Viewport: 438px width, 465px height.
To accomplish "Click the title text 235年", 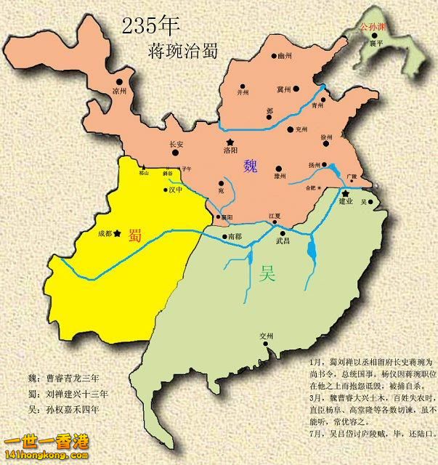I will [x=150, y=26].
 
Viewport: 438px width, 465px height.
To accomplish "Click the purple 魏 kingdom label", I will [x=251, y=165].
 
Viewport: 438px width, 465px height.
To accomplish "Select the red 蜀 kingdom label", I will [x=135, y=234].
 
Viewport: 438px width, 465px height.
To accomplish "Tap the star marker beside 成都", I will [x=118, y=233].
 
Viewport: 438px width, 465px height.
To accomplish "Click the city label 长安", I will [x=176, y=144].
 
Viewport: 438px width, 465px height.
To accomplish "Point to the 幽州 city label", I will [x=284, y=54].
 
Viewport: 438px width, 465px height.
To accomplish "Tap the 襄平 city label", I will [x=376, y=43].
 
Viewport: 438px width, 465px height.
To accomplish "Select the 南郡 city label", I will [x=234, y=237].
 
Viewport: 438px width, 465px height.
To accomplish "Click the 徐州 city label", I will [x=327, y=137].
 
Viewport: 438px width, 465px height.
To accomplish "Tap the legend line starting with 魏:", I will [x=68, y=379].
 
